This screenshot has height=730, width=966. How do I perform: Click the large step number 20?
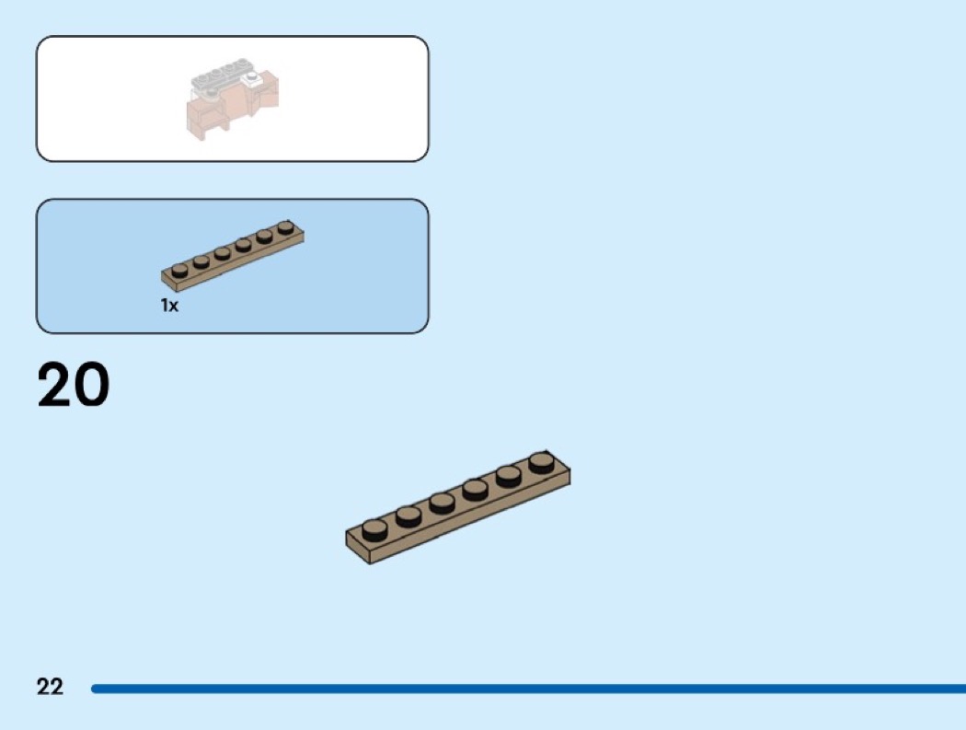[x=74, y=384]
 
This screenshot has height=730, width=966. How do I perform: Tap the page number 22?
[x=50, y=687]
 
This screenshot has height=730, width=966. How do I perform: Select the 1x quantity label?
[x=169, y=306]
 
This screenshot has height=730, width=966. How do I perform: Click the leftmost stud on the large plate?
[x=374, y=529]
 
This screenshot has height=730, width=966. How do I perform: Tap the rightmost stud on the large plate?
[x=541, y=462]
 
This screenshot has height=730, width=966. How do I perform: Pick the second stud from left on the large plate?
[x=408, y=516]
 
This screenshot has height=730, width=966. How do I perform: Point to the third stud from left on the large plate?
[x=443, y=503]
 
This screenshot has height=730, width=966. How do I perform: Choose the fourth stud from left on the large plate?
[x=475, y=490]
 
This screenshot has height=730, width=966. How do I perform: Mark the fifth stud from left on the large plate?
[x=508, y=475]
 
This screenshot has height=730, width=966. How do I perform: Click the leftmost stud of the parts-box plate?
[x=180, y=270]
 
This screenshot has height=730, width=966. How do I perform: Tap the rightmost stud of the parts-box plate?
[x=285, y=227]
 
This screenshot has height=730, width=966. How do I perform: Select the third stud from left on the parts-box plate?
[x=223, y=253]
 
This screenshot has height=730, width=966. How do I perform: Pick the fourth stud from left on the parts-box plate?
[x=244, y=245]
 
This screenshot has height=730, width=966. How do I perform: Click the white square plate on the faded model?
[x=251, y=79]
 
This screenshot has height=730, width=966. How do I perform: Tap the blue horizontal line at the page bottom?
[x=529, y=688]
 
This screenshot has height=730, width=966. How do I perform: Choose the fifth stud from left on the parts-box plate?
[x=264, y=237]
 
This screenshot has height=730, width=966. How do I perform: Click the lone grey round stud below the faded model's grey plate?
[x=212, y=93]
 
